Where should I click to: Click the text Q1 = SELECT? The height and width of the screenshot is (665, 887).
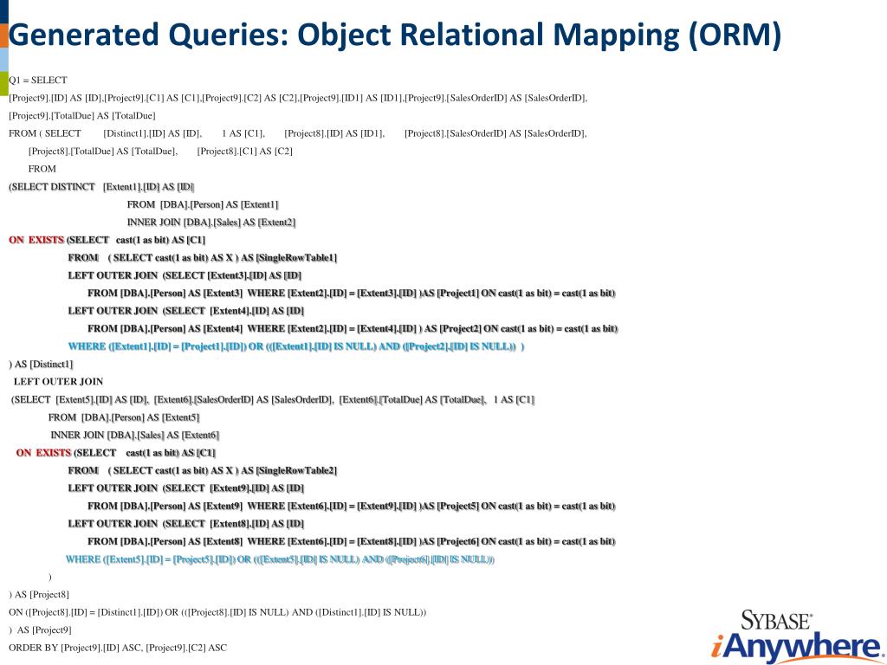point(38,80)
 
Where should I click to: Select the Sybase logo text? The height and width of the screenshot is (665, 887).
point(775,620)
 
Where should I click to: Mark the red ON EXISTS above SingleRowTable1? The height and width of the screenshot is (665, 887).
point(36,240)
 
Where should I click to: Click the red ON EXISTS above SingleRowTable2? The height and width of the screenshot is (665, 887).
point(43,452)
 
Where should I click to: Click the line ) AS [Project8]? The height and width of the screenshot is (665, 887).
point(39,594)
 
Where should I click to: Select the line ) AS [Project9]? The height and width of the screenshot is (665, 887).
point(41,629)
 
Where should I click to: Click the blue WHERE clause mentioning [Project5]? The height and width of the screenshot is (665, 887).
point(280,559)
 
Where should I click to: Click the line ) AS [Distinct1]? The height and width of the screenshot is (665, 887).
point(41,364)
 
